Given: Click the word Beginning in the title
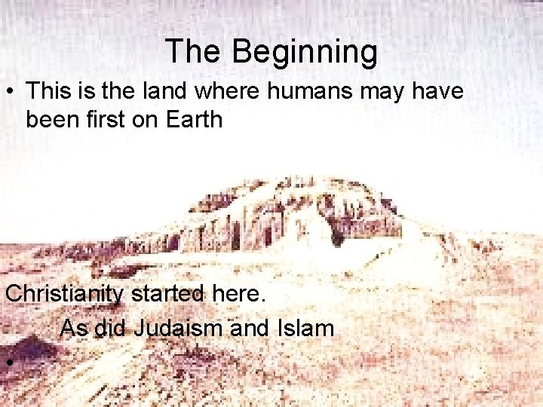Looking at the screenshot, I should (304, 52).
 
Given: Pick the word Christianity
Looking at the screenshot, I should (64, 293).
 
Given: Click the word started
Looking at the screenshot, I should (167, 293).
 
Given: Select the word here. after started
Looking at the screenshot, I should (238, 293).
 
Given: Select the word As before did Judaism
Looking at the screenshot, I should (74, 328).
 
